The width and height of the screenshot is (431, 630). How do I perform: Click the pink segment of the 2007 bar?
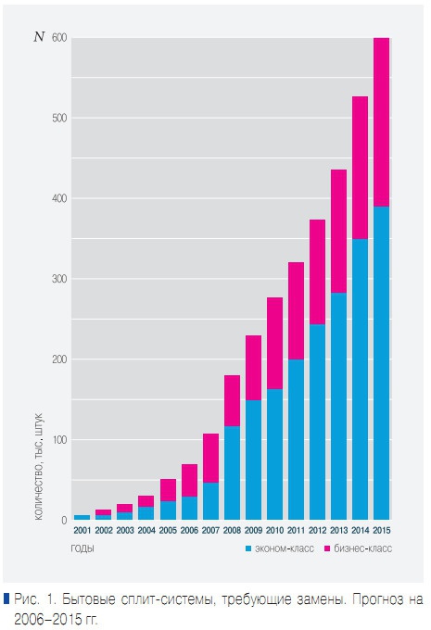[x=210, y=458]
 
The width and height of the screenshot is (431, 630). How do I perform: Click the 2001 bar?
[x=82, y=517]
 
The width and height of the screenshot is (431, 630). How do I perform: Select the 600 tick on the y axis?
[x=59, y=38]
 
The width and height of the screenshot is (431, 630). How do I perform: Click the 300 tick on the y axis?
[x=59, y=279]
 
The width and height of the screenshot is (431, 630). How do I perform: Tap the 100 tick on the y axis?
[x=59, y=439]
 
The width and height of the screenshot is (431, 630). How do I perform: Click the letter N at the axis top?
[x=38, y=38]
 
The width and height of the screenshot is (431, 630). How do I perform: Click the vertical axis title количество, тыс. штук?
[x=40, y=467]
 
